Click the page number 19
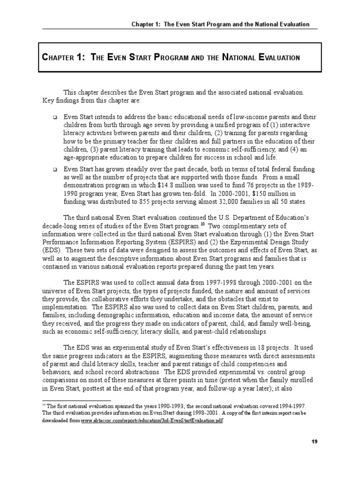coord(315,442)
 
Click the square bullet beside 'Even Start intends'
coord(55,117)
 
